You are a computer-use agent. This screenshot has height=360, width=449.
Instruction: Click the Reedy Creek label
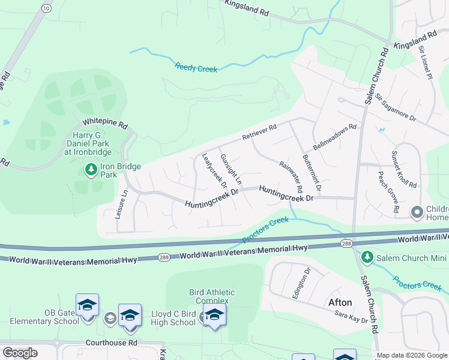point(196,68)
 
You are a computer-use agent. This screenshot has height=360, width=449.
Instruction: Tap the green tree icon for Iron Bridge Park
point(91,170)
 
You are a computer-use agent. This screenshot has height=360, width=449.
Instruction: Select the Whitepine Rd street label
point(106,124)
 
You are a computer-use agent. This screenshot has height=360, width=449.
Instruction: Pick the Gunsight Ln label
point(231,169)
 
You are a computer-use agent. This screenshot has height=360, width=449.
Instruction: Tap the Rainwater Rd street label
point(291,172)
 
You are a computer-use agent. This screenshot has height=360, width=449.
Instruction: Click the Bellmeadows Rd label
point(334,137)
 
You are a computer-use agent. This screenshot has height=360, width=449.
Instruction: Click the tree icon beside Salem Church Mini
point(367,258)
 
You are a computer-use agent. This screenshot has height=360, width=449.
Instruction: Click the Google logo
point(19,353)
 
